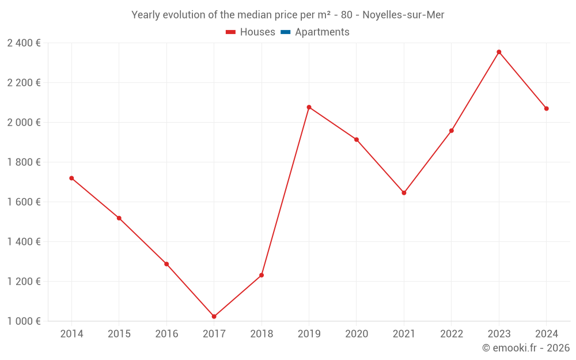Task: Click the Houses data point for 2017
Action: (214, 317)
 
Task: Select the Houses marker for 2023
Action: (499, 52)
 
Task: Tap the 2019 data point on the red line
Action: (309, 107)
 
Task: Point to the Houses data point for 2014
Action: (71, 178)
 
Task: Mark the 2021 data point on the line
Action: (404, 193)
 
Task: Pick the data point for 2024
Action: (546, 108)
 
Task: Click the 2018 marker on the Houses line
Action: (262, 275)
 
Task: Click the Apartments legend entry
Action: (322, 32)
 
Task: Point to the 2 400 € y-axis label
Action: (24, 43)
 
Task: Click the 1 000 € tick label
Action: (24, 321)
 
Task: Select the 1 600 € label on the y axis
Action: (24, 202)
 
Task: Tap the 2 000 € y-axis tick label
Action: (24, 123)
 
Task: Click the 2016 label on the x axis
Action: (166, 334)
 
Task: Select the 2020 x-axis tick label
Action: (357, 334)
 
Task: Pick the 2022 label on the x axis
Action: (451, 334)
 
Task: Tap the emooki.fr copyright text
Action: (526, 348)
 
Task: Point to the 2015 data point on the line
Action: (119, 218)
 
